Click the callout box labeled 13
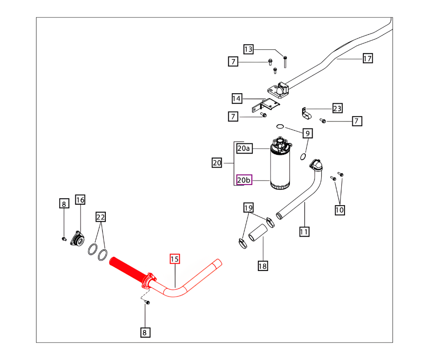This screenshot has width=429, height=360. pos(248,49)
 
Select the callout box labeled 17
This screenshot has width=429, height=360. pos(368,58)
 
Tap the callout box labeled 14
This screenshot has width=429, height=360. pos(236,98)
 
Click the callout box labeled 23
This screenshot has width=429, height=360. pos(337,108)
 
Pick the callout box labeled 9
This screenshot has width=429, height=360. pos(308,133)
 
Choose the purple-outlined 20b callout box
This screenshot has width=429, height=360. pos(244,180)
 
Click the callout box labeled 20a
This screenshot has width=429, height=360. pos(244,148)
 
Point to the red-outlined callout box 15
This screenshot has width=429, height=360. pos(174,259)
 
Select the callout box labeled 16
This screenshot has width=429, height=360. pos(80,200)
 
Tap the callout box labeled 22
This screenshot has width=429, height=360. pos(100,216)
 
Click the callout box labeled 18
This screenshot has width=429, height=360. pos(262,265)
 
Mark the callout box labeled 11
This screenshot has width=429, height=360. pos(304,232)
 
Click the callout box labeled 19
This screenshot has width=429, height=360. pos(248,208)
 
